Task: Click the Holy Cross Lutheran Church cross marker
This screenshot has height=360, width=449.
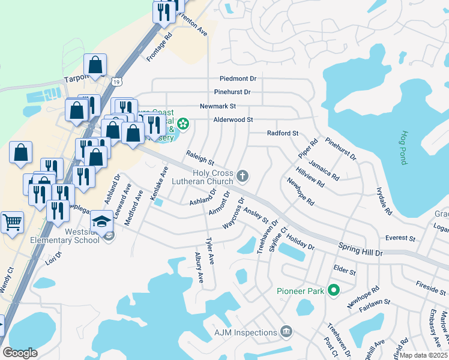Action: click(243, 176)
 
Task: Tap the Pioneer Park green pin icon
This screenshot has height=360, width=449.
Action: click(334, 291)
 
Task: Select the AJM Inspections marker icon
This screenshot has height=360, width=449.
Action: click(286, 332)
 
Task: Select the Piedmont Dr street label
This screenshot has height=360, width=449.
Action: click(238, 79)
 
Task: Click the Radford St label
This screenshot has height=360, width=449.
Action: click(283, 133)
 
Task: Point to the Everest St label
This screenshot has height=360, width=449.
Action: click(400, 238)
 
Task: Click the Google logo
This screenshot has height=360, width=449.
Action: click(20, 353)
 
